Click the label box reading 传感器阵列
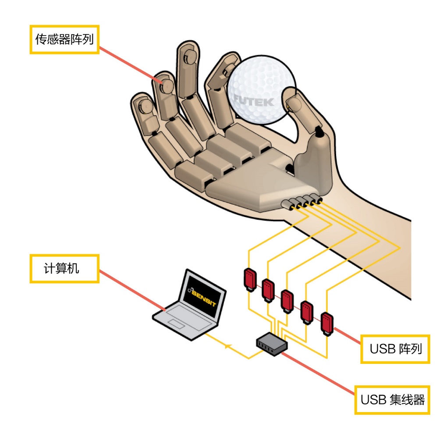click(64, 39)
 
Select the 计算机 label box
click(64, 268)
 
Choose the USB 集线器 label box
click(392, 399)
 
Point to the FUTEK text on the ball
click(253, 101)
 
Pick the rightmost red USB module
click(326, 323)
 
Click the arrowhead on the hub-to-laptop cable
click(227, 347)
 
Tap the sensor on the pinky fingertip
click(142, 105)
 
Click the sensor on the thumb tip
click(293, 103)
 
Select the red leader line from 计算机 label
click(131, 292)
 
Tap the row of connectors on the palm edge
click(302, 202)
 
